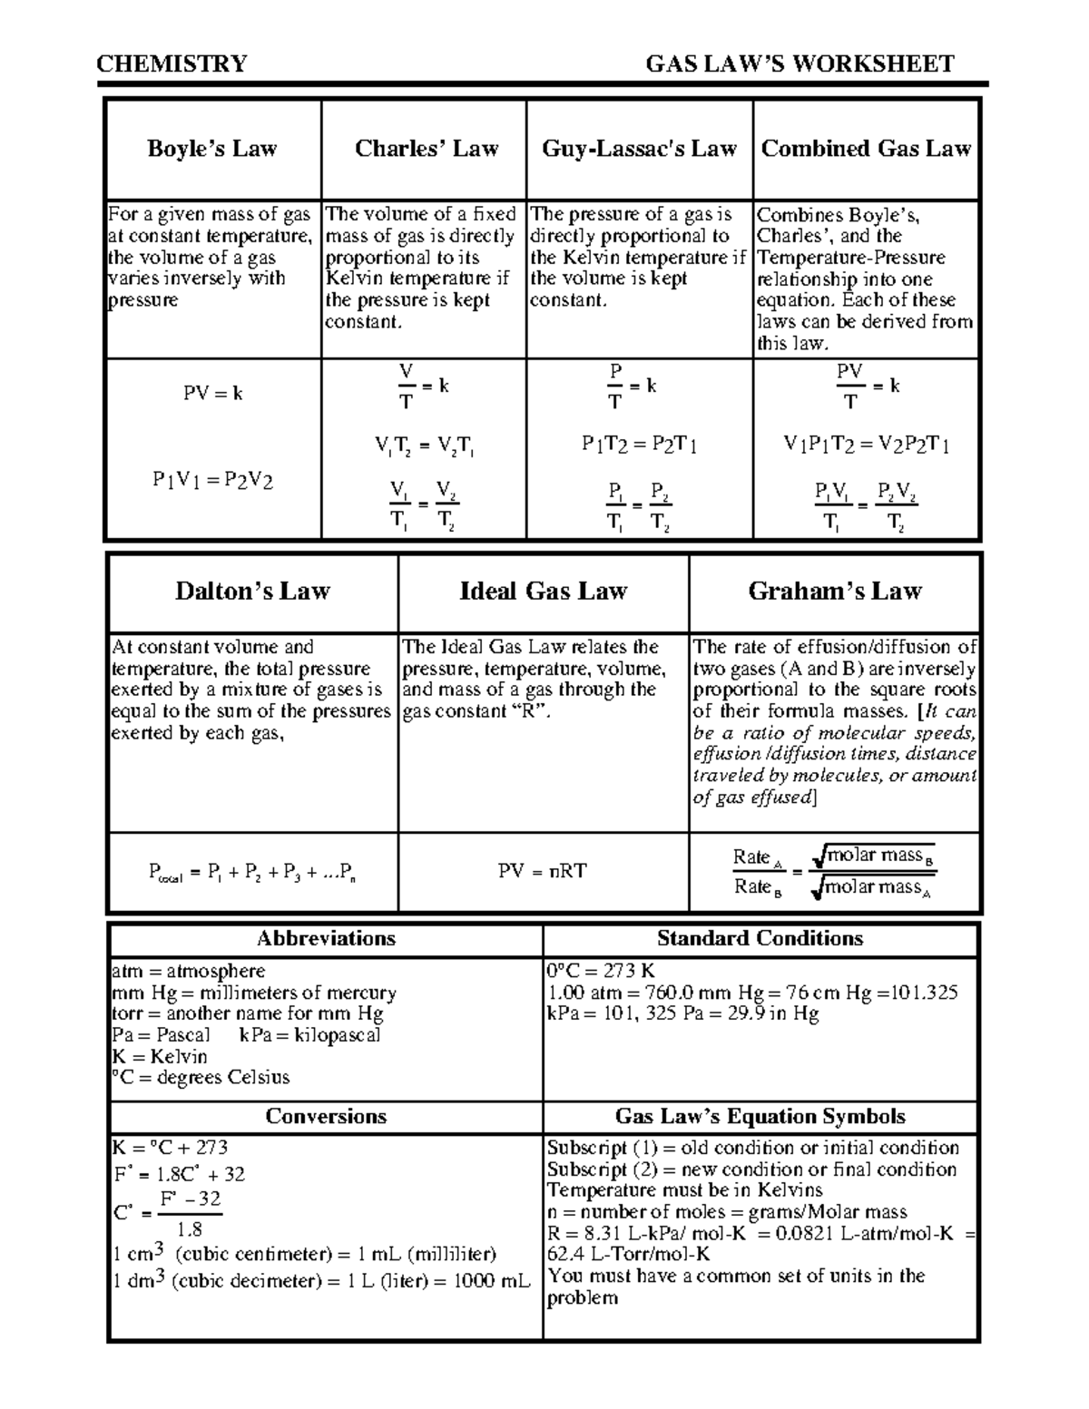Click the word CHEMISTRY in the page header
[172, 64]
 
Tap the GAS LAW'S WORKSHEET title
[800, 64]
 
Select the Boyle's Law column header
[212, 149]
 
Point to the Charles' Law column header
[427, 149]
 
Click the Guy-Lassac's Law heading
[639, 149]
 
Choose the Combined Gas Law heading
[866, 149]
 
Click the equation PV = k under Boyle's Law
[213, 394]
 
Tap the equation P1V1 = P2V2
[213, 481]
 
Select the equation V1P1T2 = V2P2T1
[866, 445]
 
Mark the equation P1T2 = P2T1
[639, 445]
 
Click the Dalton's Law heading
[252, 592]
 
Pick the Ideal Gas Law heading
[543, 592]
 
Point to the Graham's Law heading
[834, 592]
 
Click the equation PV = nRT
[543, 871]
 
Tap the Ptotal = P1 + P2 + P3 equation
[252, 873]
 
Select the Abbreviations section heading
[326, 938]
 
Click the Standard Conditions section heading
[760, 938]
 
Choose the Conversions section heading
[326, 1117]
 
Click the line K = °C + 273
[170, 1148]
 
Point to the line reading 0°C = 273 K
[600, 971]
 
